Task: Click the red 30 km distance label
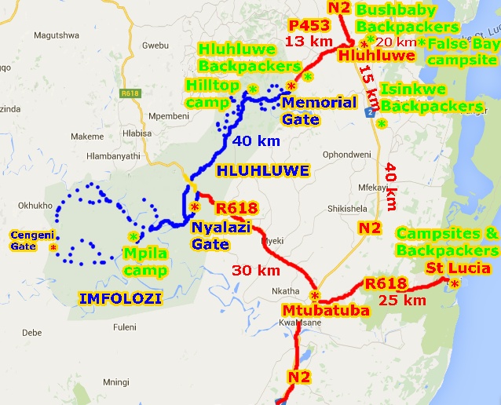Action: pos(256,270)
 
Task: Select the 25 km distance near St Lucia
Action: pos(402,300)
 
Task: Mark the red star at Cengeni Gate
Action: pos(53,247)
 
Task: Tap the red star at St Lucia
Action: pos(454,285)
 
